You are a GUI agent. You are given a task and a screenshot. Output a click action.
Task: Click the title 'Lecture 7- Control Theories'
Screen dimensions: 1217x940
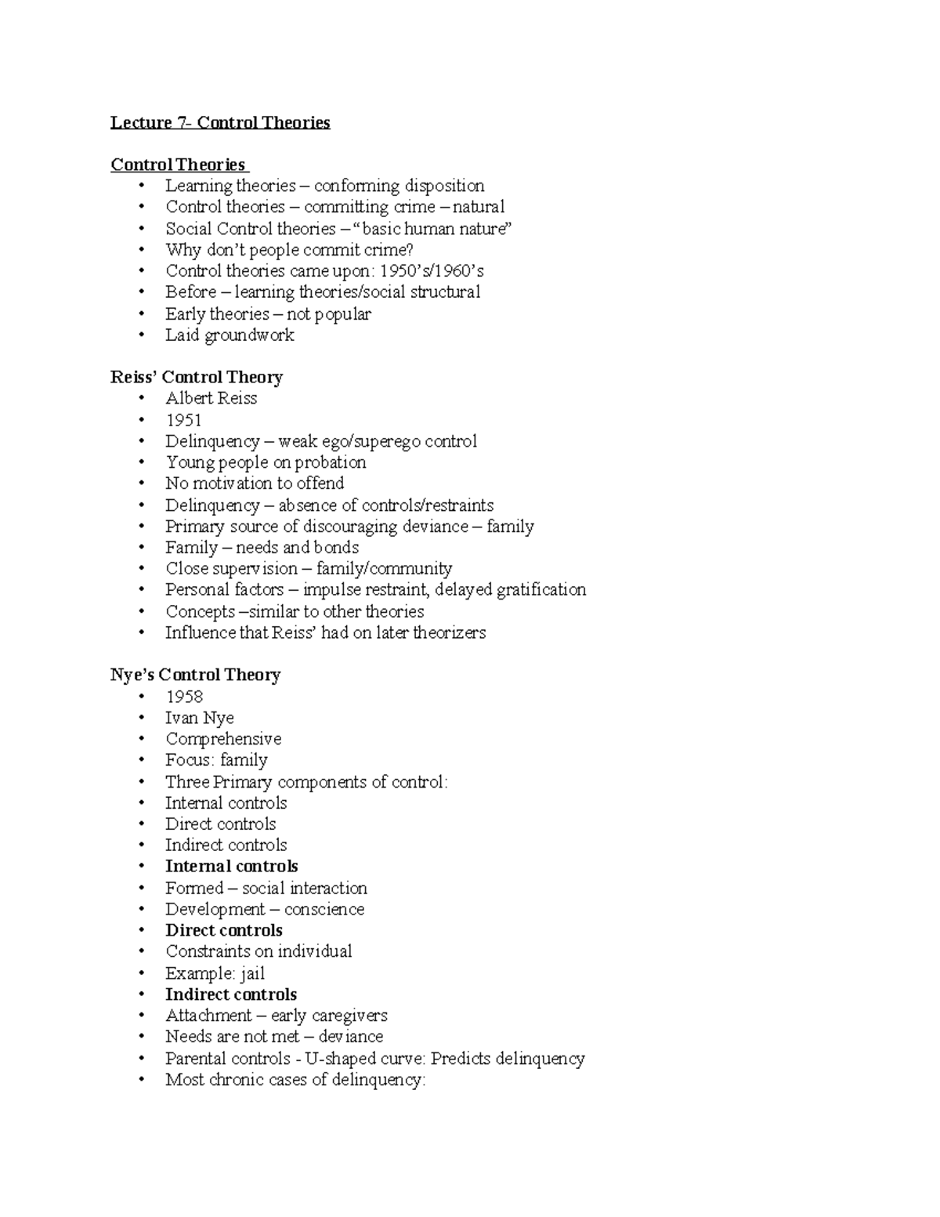pyautogui.click(x=220, y=122)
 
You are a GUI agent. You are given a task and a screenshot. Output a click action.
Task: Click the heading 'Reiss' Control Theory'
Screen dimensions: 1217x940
pyautogui.click(x=197, y=377)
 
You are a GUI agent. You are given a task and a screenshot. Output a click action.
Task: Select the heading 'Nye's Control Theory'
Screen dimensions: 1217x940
pyautogui.click(x=195, y=675)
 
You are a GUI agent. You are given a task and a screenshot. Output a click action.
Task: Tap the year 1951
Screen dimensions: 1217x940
pyautogui.click(x=183, y=420)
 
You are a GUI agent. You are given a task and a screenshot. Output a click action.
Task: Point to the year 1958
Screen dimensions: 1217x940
pyautogui.click(x=184, y=697)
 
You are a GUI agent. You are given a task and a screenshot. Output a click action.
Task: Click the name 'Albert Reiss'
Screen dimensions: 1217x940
pyautogui.click(x=211, y=398)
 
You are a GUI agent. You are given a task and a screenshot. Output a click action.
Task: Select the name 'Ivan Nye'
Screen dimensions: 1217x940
pyautogui.click(x=199, y=718)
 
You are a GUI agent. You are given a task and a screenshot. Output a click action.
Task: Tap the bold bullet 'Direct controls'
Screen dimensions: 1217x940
pyautogui.click(x=224, y=930)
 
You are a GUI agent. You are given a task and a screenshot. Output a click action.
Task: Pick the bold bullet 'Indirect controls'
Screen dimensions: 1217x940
pyautogui.click(x=231, y=994)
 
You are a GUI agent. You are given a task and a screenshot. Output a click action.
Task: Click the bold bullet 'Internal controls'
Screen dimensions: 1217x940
pyautogui.click(x=231, y=866)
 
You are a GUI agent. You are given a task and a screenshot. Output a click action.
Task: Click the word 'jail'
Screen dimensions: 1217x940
pyautogui.click(x=252, y=973)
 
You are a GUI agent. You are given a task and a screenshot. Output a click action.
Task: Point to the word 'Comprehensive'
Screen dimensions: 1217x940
pyautogui.click(x=223, y=739)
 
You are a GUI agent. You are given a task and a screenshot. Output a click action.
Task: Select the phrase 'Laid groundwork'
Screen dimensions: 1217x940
pyautogui.click(x=230, y=335)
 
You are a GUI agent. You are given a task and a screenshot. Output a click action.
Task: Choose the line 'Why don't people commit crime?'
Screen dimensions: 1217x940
pyautogui.click(x=289, y=250)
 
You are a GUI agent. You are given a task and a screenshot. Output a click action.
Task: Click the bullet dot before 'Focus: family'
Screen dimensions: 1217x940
pyautogui.click(x=142, y=760)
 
